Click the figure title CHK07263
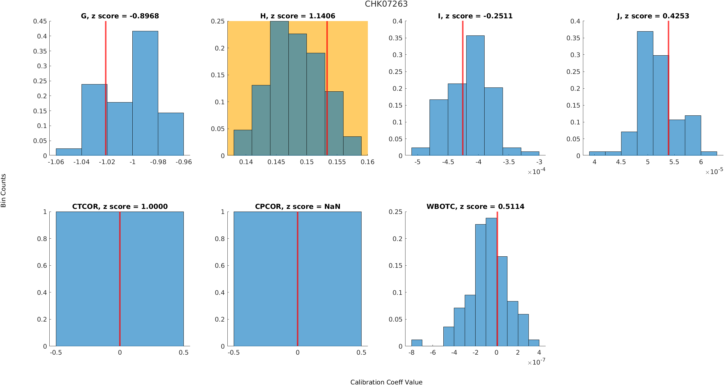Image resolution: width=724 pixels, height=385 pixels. pyautogui.click(x=386, y=4)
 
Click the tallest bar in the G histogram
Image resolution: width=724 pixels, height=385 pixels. pyautogui.click(x=145, y=93)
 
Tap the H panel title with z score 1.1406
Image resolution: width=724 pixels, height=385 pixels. pyautogui.click(x=297, y=16)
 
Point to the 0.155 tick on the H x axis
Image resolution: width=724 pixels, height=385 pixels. pyautogui.click(x=337, y=162)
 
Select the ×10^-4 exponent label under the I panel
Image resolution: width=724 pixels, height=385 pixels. pyautogui.click(x=536, y=172)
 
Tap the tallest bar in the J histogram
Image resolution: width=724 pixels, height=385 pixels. pyautogui.click(x=645, y=93)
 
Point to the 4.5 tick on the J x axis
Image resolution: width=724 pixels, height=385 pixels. pyautogui.click(x=621, y=162)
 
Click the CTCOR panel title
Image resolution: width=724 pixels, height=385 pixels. pyautogui.click(x=120, y=206)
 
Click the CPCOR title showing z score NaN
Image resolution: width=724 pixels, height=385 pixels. pyautogui.click(x=297, y=206)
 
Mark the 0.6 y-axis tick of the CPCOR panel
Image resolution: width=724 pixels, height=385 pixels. pyautogui.click(x=220, y=266)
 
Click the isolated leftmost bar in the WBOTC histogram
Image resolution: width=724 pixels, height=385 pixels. pyautogui.click(x=417, y=343)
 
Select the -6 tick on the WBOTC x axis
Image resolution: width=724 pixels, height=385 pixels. pyautogui.click(x=433, y=353)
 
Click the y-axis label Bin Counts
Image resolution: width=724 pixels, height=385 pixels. pyautogui.click(x=4, y=191)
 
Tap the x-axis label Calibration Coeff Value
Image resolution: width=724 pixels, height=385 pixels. pyautogui.click(x=386, y=382)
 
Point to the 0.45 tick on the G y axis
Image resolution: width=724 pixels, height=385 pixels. pyautogui.click(x=40, y=21)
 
